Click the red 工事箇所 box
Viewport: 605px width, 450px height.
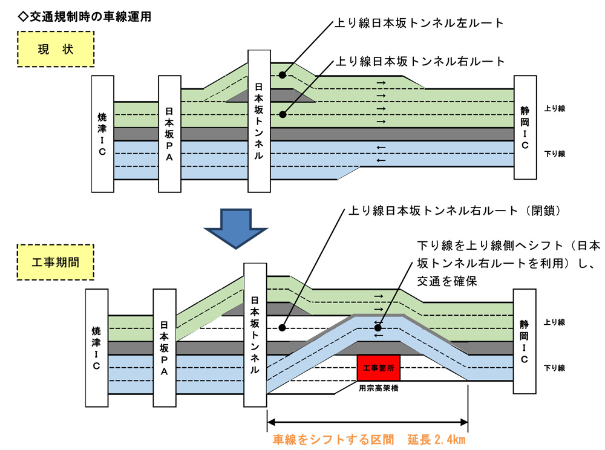(x=378, y=367)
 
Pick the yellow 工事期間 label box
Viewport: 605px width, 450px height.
(x=55, y=262)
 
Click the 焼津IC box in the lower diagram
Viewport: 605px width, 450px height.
(x=97, y=348)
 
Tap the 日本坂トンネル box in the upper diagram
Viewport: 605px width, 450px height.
(x=259, y=120)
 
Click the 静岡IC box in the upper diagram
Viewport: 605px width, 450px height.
(x=525, y=128)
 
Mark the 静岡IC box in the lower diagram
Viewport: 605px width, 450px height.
(x=524, y=342)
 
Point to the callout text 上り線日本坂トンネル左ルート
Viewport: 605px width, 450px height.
(x=419, y=24)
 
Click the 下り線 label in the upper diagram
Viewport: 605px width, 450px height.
(x=554, y=154)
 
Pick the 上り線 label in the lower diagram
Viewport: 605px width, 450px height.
(x=554, y=322)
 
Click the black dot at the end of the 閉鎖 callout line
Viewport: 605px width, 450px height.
(x=282, y=328)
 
